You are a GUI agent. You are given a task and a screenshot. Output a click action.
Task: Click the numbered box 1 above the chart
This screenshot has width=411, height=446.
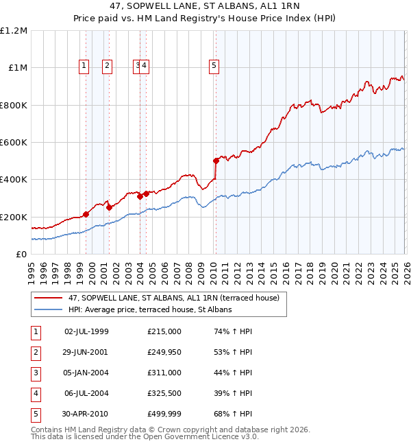(x=84, y=66)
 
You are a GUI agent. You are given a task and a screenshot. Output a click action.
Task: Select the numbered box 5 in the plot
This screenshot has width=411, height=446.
(x=214, y=66)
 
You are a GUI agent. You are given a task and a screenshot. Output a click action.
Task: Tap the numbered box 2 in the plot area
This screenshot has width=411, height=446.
(x=108, y=66)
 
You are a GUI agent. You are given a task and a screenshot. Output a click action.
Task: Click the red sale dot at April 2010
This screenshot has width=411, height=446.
(x=216, y=161)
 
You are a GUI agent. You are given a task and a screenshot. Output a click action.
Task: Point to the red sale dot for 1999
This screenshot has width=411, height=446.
(x=86, y=214)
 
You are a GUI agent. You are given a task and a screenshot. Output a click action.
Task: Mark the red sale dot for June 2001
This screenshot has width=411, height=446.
(x=110, y=207)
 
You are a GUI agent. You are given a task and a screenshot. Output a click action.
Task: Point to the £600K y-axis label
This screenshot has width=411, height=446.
(x=15, y=142)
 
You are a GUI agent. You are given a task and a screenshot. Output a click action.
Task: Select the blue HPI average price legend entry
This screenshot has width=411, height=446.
(x=150, y=310)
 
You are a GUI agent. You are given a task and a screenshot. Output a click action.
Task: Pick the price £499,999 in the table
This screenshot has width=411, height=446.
(x=164, y=414)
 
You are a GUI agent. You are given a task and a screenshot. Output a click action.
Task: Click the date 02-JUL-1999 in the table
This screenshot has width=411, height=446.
(x=86, y=331)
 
